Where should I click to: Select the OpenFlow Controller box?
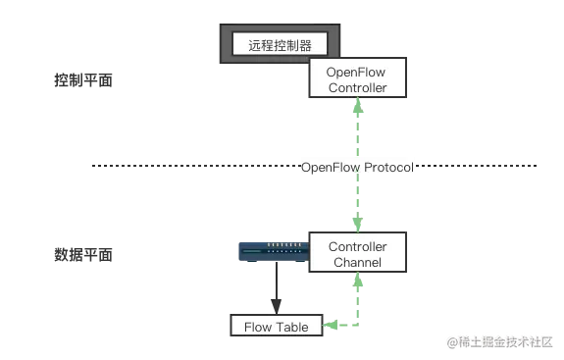coord(357,79)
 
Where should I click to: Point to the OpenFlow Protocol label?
coord(357,168)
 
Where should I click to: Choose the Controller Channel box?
coord(357,254)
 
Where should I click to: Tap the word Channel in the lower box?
coord(357,262)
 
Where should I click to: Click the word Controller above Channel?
coord(357,246)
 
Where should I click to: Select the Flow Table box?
coord(276,327)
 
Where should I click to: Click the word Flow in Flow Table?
coord(257,327)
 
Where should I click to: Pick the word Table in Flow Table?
coord(290,327)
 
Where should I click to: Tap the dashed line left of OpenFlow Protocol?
coord(191,169)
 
